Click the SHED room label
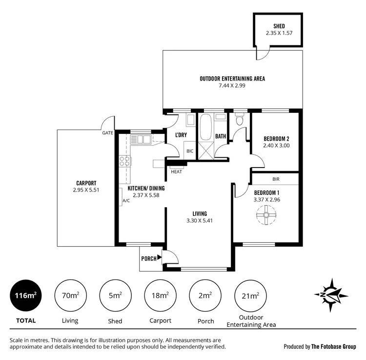tap(279, 26)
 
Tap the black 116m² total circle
tap(26, 296)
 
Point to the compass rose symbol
tap(331, 296)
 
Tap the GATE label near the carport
tap(108, 133)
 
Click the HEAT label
tap(176, 171)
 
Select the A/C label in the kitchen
tap(126, 201)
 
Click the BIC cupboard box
tap(190, 151)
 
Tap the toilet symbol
tap(239, 120)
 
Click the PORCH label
tap(148, 259)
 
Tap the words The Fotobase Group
tap(335, 346)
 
